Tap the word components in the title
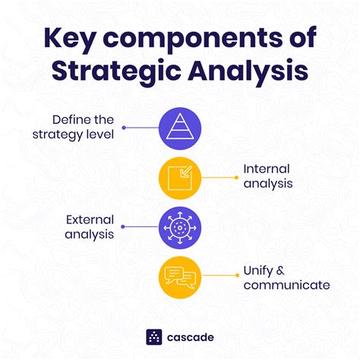[191, 38]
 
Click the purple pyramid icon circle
[180, 127]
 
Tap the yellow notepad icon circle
[180, 176]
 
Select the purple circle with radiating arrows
[180, 226]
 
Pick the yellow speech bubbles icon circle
[180, 277]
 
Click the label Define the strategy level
[84, 127]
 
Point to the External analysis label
[89, 226]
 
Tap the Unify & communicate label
[286, 277]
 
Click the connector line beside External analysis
[141, 226]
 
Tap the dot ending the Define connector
[124, 127]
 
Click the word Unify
[257, 270]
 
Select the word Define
[70, 119]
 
